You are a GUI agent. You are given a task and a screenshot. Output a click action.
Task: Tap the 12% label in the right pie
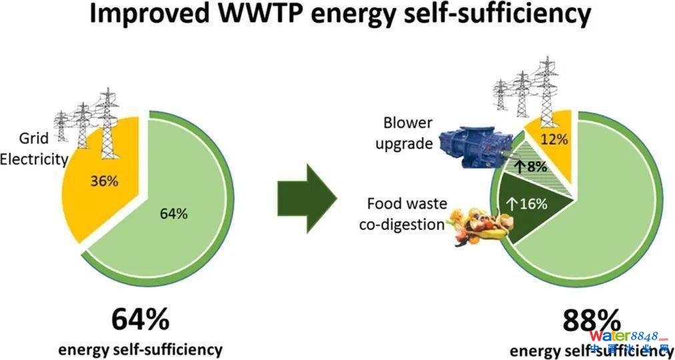click(554, 140)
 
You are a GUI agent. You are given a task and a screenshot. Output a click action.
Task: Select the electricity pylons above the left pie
click(87, 123)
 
